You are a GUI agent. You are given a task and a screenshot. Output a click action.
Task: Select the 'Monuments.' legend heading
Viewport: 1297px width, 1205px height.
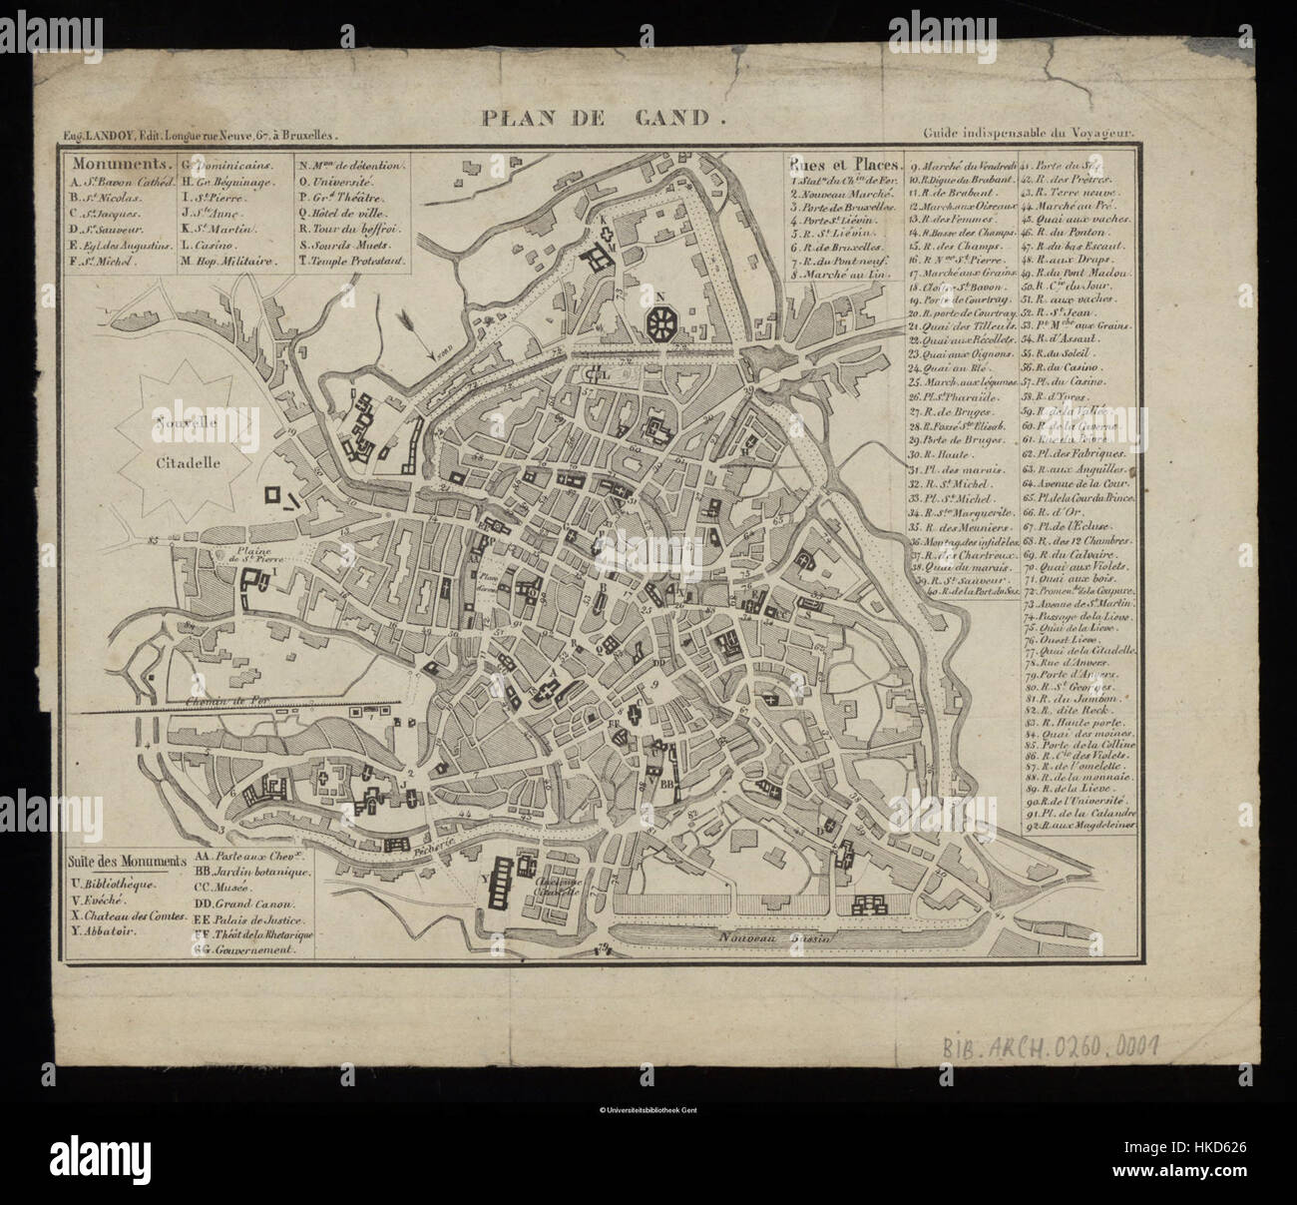[110, 164]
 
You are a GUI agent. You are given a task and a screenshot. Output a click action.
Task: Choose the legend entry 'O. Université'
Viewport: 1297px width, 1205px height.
[337, 186]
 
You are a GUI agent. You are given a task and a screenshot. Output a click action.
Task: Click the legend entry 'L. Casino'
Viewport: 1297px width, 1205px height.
[219, 245]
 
